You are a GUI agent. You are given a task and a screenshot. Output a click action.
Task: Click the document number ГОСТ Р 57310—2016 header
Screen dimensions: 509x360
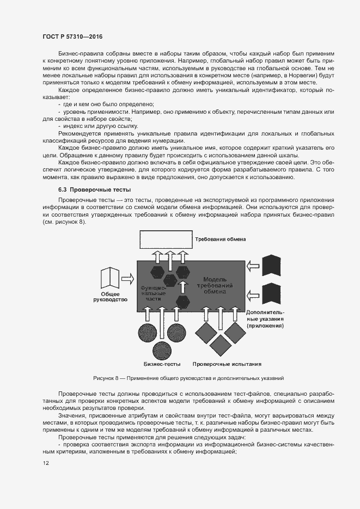(x=72, y=36)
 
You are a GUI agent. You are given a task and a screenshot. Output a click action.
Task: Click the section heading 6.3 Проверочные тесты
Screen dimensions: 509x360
(x=95, y=190)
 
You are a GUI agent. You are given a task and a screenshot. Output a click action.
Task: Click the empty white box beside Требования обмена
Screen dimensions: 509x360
(x=163, y=240)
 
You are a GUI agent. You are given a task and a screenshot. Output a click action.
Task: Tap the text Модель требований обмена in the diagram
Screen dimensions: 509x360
(x=218, y=285)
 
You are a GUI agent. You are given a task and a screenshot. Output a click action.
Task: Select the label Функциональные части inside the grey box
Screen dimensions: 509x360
(x=151, y=292)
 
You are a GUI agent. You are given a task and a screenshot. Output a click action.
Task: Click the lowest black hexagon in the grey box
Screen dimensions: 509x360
(x=183, y=301)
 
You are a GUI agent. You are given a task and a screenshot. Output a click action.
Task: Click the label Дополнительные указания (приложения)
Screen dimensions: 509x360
(x=265, y=319)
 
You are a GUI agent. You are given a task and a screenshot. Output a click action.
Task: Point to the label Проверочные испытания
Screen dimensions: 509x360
(x=227, y=364)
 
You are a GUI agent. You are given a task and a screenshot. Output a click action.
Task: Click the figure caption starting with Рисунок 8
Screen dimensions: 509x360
(x=188, y=378)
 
